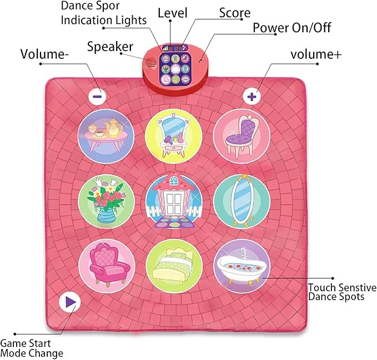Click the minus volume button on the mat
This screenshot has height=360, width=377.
pyautogui.click(x=97, y=95)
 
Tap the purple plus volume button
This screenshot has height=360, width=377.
pyautogui.click(x=253, y=96)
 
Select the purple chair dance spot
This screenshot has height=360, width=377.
pyautogui.click(x=242, y=135)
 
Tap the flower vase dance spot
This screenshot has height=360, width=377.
pyautogui.click(x=104, y=200)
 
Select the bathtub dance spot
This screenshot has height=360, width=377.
pyautogui.click(x=242, y=267)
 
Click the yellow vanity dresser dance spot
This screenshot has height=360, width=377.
pyautogui.click(x=173, y=135)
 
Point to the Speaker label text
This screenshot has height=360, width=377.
pyautogui.click(x=110, y=46)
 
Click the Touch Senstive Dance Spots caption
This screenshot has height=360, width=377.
pyautogui.click(x=341, y=292)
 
